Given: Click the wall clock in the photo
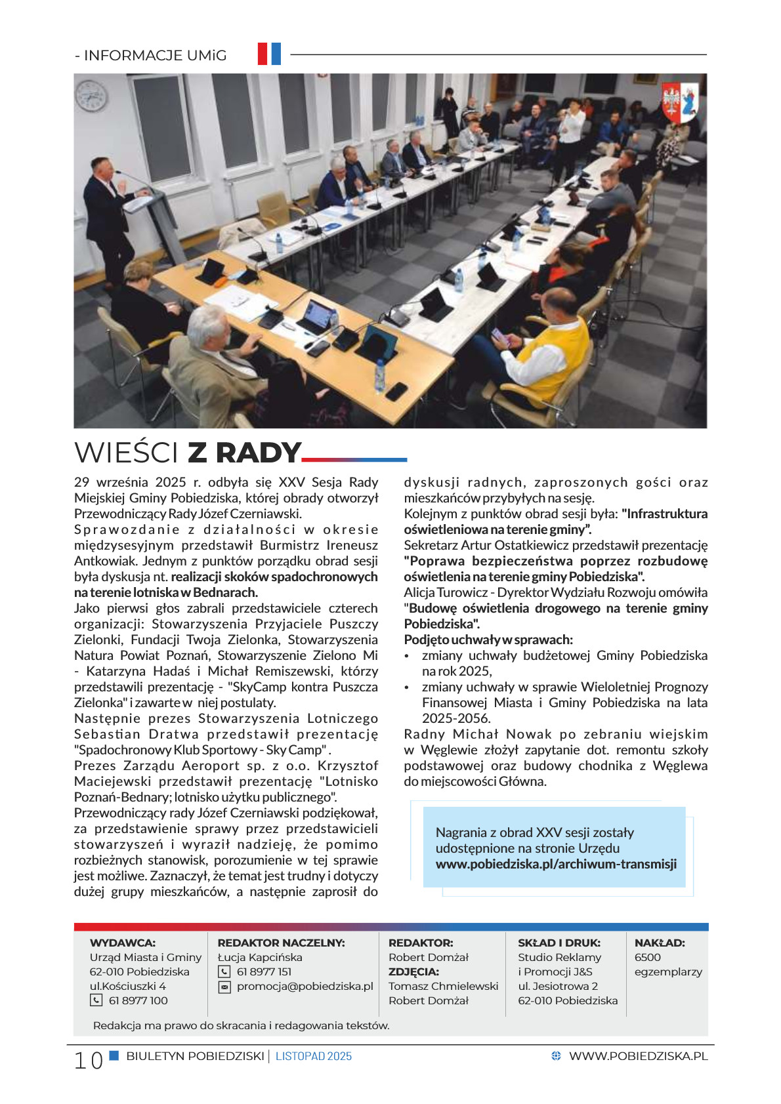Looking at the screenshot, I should click(x=91, y=96).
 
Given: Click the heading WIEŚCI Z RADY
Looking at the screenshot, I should click(x=188, y=453).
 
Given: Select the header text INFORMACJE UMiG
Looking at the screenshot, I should click(x=155, y=56).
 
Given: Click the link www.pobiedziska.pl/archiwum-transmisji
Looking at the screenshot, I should click(x=556, y=864).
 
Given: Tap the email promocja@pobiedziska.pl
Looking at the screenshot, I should click(x=305, y=986).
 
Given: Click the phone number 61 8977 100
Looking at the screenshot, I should click(x=138, y=1000).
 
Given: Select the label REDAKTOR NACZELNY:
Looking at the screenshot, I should click(x=281, y=943).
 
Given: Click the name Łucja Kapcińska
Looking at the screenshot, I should click(x=260, y=957).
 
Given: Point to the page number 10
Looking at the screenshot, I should click(x=88, y=1060).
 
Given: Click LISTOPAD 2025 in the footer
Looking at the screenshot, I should click(x=314, y=1056).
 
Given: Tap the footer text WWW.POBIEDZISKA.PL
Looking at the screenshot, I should click(x=638, y=1056).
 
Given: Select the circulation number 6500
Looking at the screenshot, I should click(x=647, y=957).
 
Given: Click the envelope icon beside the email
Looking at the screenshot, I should click(x=224, y=987).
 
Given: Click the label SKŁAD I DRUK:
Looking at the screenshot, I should click(x=559, y=943).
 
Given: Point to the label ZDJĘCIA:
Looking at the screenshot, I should click(x=413, y=971).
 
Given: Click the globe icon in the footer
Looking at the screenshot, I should click(x=556, y=1056).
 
